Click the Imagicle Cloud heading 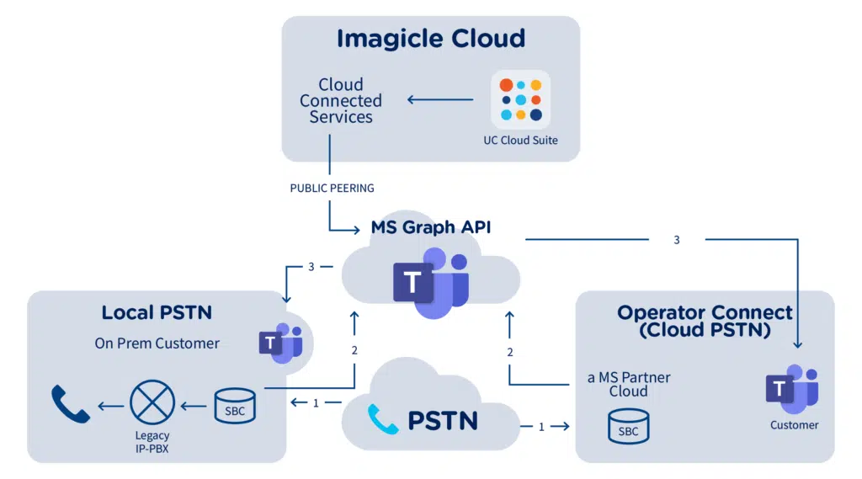[430, 39]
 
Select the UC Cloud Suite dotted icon [520, 100]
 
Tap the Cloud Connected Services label [340, 101]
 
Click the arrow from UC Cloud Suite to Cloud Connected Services [440, 100]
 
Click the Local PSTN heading [157, 312]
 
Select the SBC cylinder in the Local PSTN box [235, 406]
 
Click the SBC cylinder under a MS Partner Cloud [628, 425]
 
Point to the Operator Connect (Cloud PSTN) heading [705, 321]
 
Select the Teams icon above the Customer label [791, 390]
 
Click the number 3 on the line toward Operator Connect [676, 240]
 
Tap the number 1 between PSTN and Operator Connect [540, 427]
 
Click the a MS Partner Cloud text [628, 384]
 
